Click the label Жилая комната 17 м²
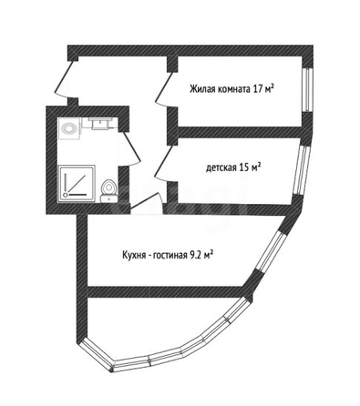point(231,89)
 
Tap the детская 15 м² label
point(233,167)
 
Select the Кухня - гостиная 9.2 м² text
point(167,255)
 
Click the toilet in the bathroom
point(108,190)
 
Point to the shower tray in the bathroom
point(76,184)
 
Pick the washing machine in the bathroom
point(70,128)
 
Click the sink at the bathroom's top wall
point(99,124)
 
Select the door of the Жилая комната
point(162,89)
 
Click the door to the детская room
point(162,164)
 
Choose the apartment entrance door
point(65,79)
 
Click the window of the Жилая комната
point(308,90)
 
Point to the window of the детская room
point(303,170)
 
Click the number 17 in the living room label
point(256,89)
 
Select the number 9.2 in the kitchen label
point(194,255)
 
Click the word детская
point(221,167)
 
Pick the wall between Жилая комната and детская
point(240,132)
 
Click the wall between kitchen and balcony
point(167,292)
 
